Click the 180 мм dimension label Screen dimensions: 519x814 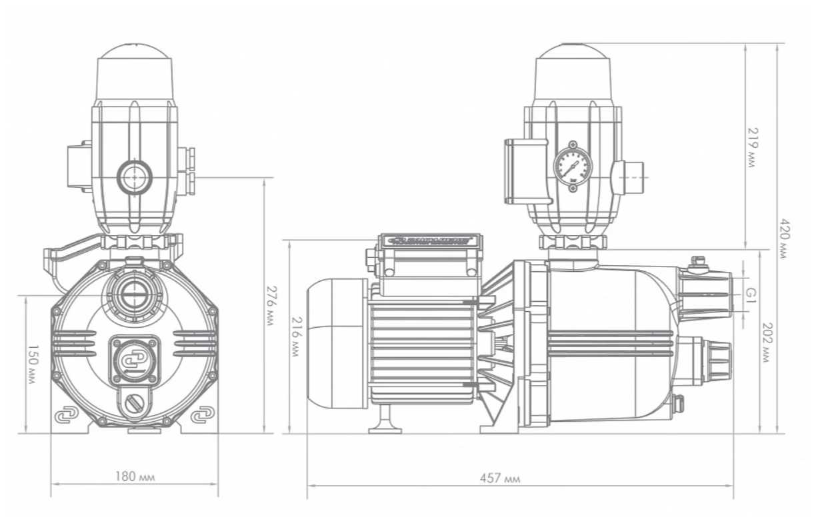tap(134, 477)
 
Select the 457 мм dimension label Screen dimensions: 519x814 tap(500, 478)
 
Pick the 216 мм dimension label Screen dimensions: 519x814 tap(295, 337)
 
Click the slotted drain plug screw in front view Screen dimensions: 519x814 tap(134, 404)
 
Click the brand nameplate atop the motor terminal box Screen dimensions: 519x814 tap(429, 240)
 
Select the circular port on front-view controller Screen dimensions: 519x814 tap(135, 177)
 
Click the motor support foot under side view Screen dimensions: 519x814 tap(384, 422)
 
